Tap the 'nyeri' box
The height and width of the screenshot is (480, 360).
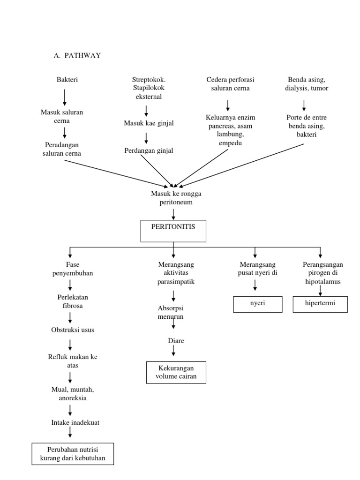pyautogui.click(x=257, y=304)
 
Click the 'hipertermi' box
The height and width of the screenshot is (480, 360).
pyautogui.click(x=320, y=304)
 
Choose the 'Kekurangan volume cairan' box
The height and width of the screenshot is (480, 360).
pyautogui.click(x=175, y=372)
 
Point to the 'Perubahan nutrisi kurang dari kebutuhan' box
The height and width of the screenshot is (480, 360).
pyautogui.click(x=73, y=453)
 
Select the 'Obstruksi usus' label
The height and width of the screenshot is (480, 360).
pyautogui.click(x=72, y=330)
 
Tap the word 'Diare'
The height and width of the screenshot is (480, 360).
pyautogui.click(x=176, y=341)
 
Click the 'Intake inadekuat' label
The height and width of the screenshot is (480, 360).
pyautogui.click(x=75, y=422)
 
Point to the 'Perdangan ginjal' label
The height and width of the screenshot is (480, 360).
pyautogui.click(x=149, y=150)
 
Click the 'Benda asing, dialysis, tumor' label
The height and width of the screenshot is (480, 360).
pyautogui.click(x=307, y=84)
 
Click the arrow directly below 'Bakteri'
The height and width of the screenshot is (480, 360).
pyautogui.click(x=65, y=97)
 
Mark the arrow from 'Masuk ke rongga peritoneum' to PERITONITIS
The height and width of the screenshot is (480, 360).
pyautogui.click(x=173, y=214)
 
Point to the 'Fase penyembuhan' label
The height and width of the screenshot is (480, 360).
pyautogui.click(x=72, y=269)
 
